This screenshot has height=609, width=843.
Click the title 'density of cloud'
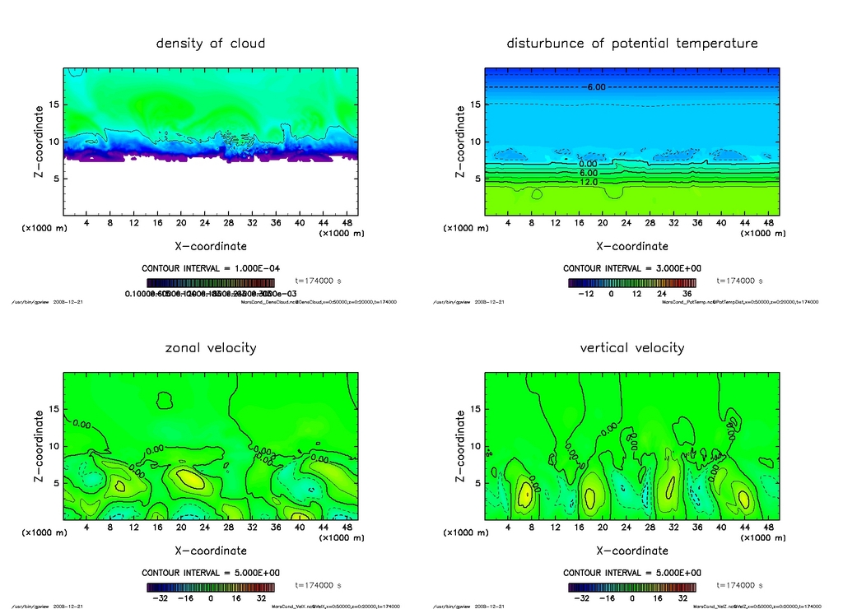coord(211,43)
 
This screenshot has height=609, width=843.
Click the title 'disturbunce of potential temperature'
coord(631,43)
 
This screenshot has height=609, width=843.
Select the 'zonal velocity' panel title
coord(211,347)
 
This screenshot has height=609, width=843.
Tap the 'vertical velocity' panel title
coord(631,347)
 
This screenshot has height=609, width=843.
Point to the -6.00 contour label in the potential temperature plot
coord(595,87)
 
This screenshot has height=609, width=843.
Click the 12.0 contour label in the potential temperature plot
coord(589,182)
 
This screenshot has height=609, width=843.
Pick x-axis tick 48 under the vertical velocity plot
coord(768,528)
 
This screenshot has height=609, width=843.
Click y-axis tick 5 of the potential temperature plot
coord(477,179)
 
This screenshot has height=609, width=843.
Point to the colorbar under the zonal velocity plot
coord(211,588)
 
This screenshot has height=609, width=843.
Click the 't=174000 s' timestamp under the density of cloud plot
coord(319,281)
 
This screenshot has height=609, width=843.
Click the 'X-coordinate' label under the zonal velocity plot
coord(211,551)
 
